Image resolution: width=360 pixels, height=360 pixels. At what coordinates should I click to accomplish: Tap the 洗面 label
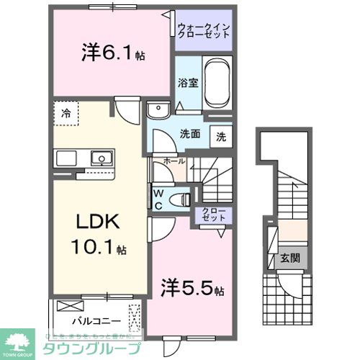coord(190,133)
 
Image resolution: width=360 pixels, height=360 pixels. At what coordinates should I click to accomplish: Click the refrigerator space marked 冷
coord(66,112)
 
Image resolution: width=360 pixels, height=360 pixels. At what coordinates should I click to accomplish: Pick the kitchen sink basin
coord(100,158)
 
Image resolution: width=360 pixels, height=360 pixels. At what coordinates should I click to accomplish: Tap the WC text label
coord(158,198)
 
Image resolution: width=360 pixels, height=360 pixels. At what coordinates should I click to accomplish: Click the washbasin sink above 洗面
coord(157,110)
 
